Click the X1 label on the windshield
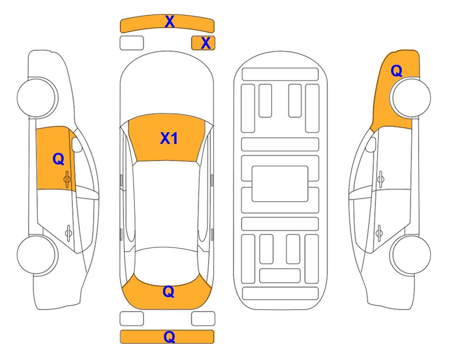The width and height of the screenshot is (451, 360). [169, 138]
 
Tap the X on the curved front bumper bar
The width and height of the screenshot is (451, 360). [170, 22]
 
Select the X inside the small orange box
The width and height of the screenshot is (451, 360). [206, 43]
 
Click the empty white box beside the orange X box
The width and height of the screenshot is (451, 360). [132, 43]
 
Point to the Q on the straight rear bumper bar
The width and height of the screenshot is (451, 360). [170, 337]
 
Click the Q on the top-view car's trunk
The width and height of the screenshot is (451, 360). [169, 292]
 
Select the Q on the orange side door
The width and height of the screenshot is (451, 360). [59, 159]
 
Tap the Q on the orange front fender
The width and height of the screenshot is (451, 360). [396, 71]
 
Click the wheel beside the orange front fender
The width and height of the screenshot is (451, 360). [410, 97]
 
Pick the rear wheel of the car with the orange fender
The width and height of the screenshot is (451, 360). [410, 255]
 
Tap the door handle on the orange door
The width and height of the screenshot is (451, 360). [67, 180]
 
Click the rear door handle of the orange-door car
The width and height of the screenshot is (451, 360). [68, 232]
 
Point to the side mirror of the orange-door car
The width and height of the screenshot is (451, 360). [77, 145]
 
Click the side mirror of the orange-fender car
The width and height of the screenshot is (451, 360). [371, 145]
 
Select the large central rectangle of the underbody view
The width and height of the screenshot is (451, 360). [280, 184]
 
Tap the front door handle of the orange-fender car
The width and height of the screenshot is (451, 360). [381, 180]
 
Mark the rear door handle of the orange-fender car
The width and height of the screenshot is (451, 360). [379, 232]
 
